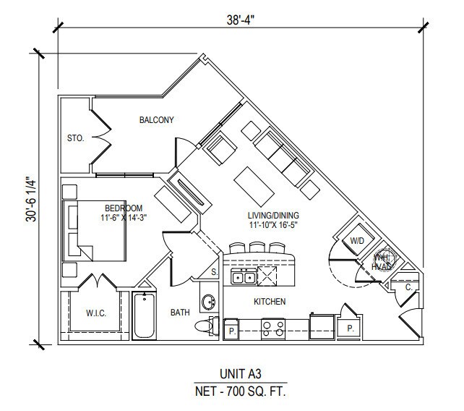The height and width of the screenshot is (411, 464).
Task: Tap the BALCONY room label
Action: click(157, 120)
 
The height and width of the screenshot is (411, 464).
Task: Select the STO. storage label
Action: click(75, 137)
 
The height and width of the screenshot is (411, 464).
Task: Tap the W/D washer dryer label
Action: click(356, 240)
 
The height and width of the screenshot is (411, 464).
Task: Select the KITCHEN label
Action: click(269, 302)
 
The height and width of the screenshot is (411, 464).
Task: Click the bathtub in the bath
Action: click(144, 317)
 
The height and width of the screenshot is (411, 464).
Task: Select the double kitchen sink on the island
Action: click(243, 277)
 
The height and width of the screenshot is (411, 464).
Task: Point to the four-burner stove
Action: click(272, 329)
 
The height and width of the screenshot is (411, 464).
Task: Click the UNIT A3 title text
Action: click(241, 374)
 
